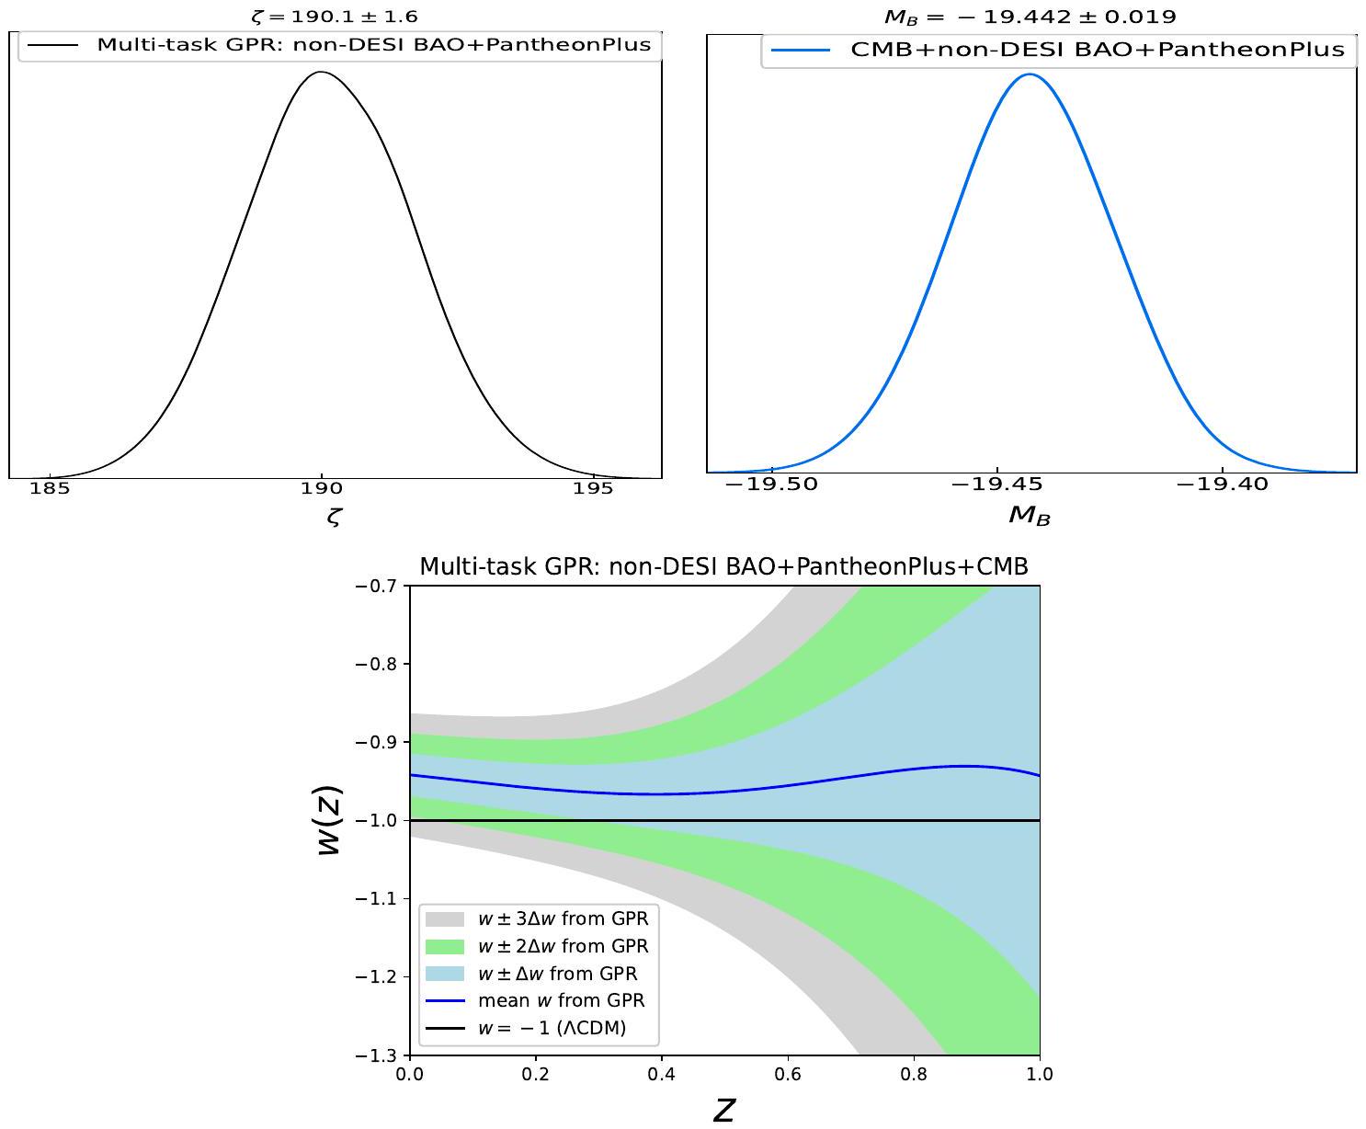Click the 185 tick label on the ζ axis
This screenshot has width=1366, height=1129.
[x=50, y=488]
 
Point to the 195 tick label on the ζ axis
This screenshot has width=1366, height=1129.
[x=593, y=488]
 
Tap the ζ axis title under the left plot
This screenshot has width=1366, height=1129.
[x=334, y=517]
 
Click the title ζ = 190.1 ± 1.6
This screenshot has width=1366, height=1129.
[x=335, y=17]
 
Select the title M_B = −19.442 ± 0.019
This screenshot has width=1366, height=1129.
[x=1030, y=17]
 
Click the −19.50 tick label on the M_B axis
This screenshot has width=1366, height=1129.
[x=771, y=485]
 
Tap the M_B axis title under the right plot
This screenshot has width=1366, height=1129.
[x=1030, y=516]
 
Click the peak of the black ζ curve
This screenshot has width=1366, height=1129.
[x=321, y=72]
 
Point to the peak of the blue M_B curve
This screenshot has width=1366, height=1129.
[x=1030, y=74]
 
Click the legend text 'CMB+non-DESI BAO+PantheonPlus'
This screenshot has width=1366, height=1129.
[x=1098, y=50]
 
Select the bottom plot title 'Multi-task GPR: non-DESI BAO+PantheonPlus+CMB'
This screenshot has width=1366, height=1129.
[x=723, y=567]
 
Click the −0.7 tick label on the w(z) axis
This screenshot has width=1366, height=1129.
[x=378, y=586]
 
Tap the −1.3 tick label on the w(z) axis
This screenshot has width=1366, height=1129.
[x=378, y=1055]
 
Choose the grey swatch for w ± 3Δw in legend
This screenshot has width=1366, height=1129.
[x=446, y=918]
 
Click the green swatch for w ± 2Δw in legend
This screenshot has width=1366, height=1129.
[x=446, y=946]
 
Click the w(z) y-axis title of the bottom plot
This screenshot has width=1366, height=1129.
[x=329, y=820]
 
